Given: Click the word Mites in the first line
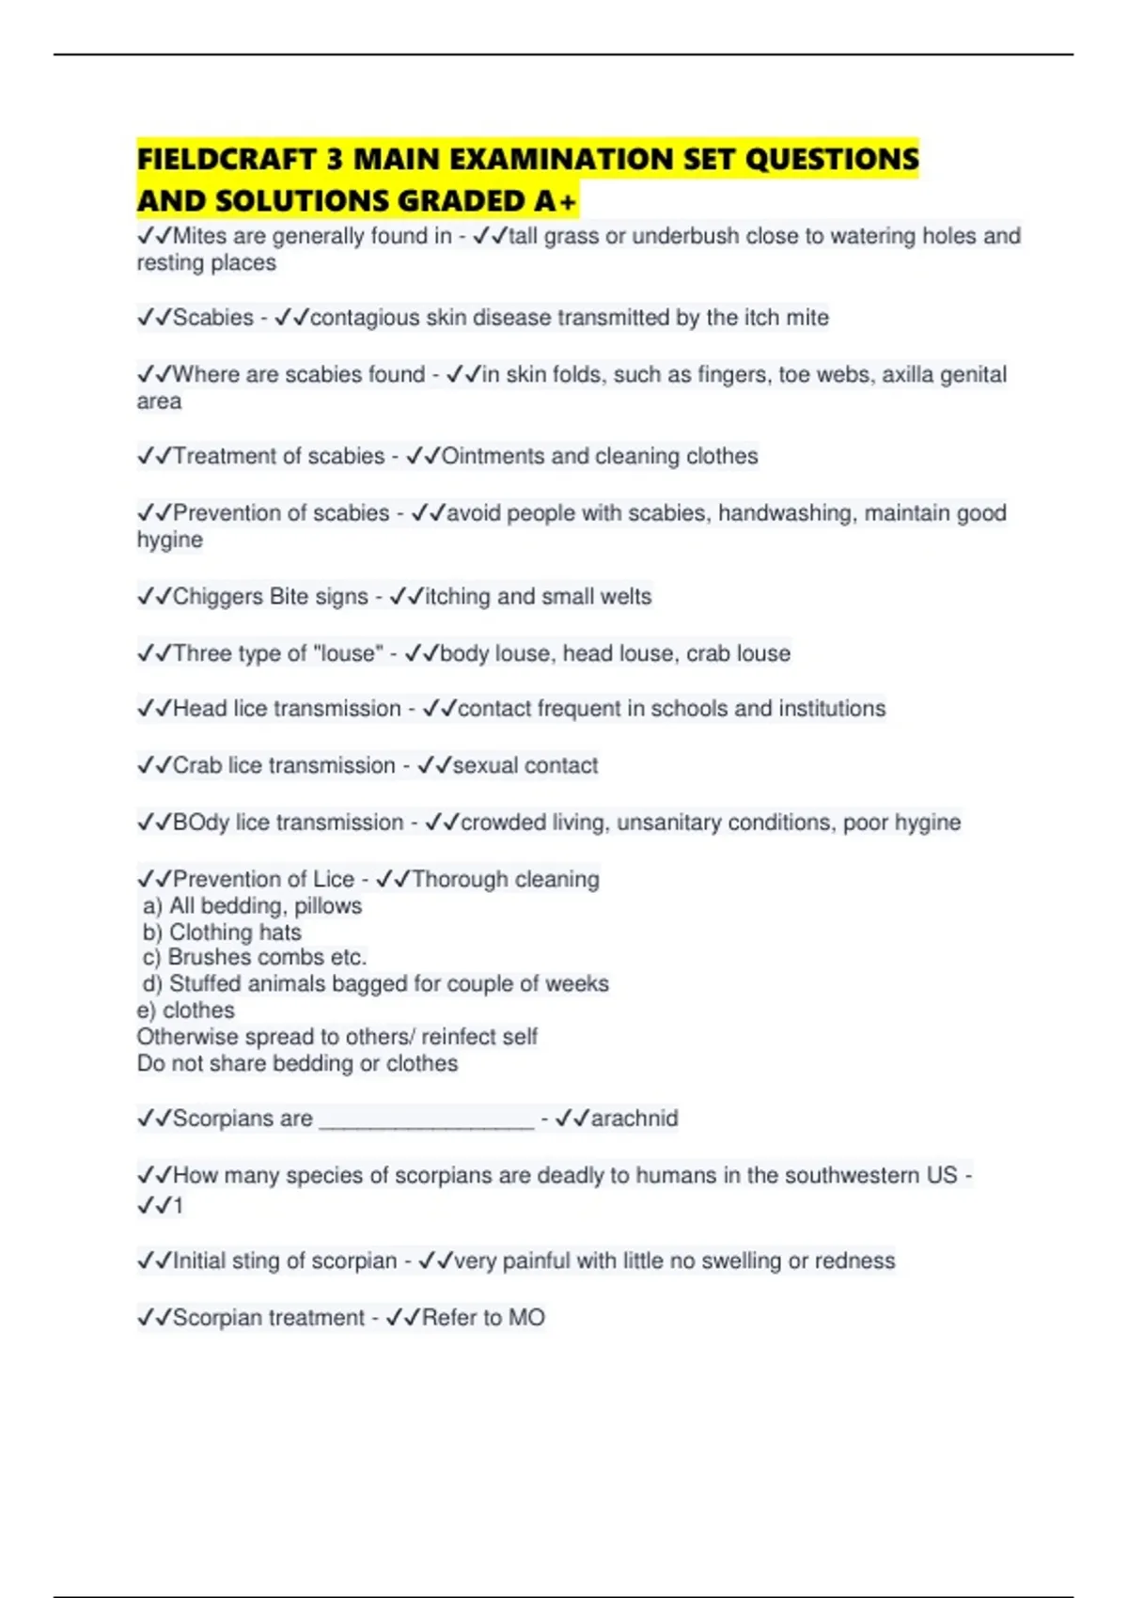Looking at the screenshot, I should [x=200, y=236].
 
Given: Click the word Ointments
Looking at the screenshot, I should [x=493, y=456].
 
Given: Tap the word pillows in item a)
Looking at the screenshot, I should [x=328, y=906].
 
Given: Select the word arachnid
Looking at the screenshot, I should [x=634, y=1119].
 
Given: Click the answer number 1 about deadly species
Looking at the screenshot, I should [x=178, y=1205].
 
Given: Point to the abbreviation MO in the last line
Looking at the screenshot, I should [x=526, y=1318].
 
